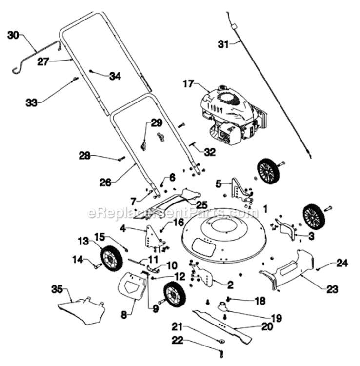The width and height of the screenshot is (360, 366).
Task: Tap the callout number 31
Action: pyautogui.click(x=223, y=44)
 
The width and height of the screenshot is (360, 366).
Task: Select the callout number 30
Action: pyautogui.click(x=13, y=35)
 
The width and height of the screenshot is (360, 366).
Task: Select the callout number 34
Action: pyautogui.click(x=115, y=76)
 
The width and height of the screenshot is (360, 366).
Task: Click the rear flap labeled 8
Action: pyautogui.click(x=132, y=285)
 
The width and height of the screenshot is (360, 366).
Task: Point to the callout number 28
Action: pyautogui.click(x=85, y=155)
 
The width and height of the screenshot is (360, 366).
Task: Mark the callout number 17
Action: pyautogui.click(x=189, y=84)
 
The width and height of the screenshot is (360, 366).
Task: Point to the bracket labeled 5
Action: pyautogui.click(x=240, y=190)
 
